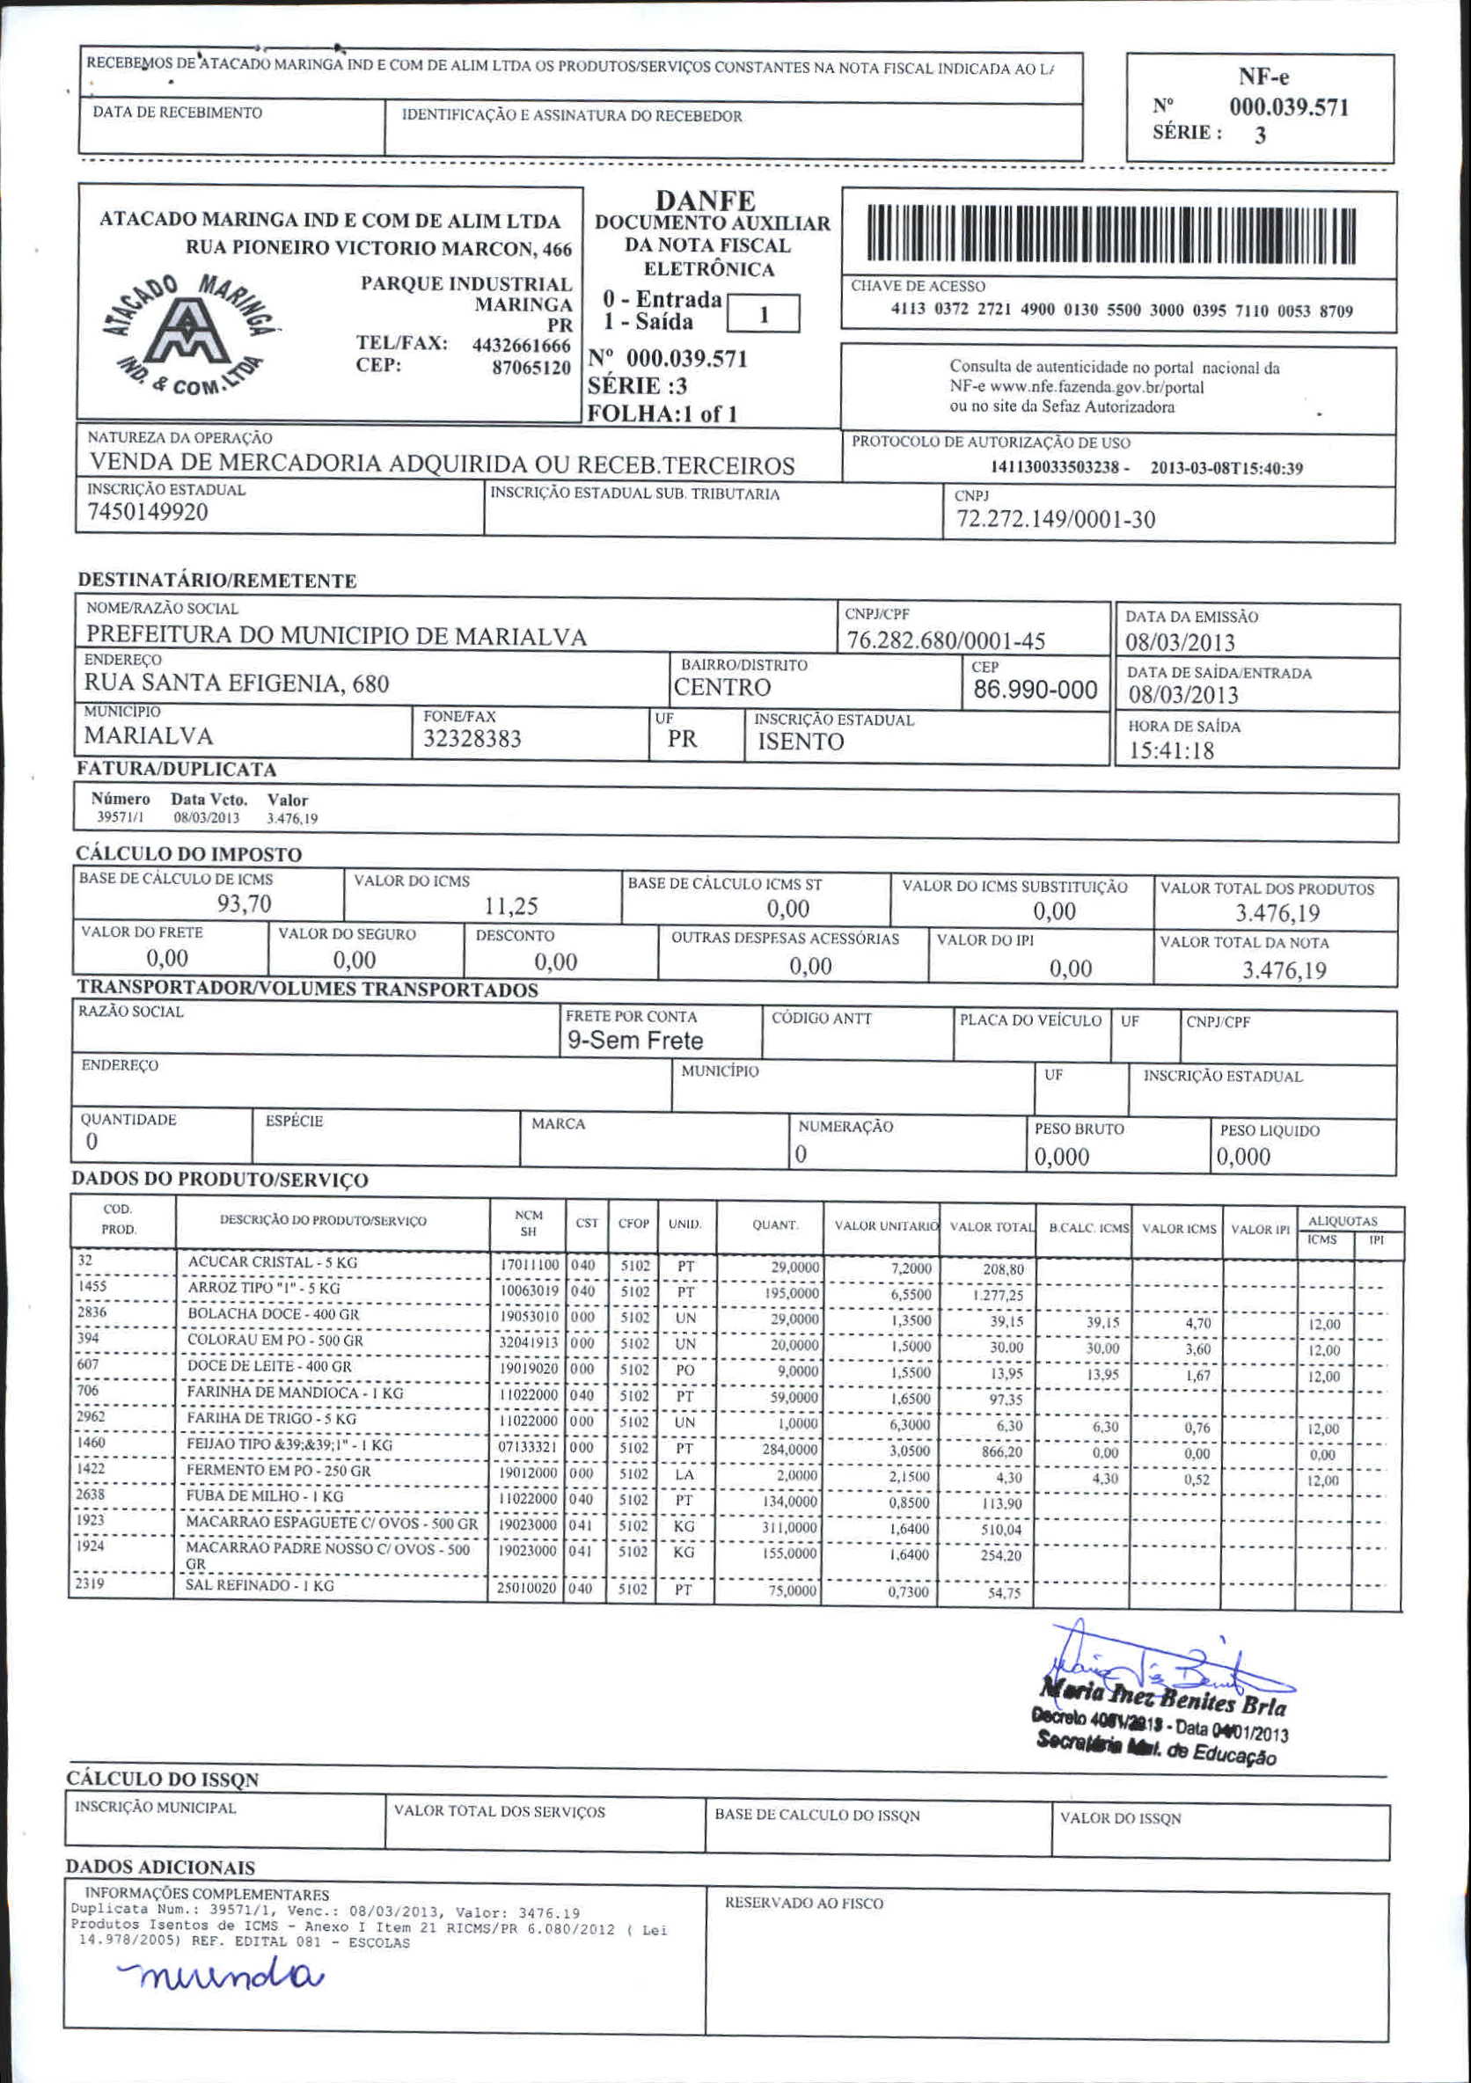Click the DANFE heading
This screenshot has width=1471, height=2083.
pos(705,200)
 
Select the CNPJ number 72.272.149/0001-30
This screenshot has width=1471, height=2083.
pos(1056,519)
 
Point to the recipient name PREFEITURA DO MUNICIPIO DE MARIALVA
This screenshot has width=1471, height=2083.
pos(336,637)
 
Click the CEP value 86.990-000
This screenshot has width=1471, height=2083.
pos(1036,691)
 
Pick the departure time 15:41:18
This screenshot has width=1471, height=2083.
pos(1172,751)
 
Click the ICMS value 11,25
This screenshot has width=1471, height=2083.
pos(511,906)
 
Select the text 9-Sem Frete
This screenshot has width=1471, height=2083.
pos(635,1041)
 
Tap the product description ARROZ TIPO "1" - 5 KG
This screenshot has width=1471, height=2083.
pos(263,1289)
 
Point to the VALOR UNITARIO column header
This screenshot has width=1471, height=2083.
pos(886,1226)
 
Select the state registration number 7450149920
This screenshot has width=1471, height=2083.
pos(148,513)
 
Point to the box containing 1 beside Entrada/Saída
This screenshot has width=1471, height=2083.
pos(763,315)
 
